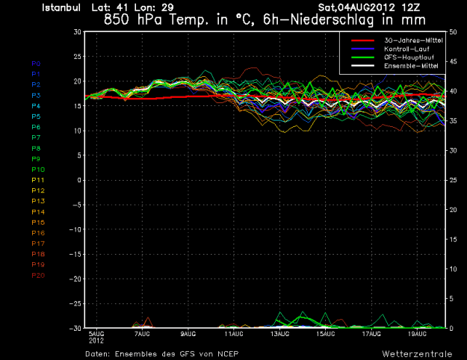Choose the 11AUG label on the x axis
click(x=235, y=333)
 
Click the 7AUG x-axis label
click(x=142, y=333)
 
